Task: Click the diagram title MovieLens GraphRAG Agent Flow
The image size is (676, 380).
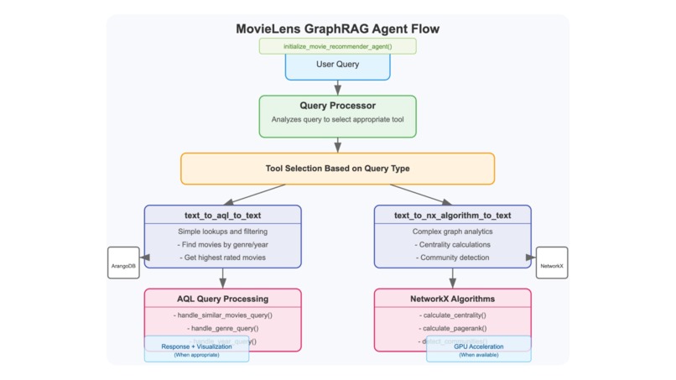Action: [x=337, y=29]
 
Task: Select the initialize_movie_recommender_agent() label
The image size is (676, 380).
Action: [x=337, y=46]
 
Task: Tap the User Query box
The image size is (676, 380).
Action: [x=337, y=64]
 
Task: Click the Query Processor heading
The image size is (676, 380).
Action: [x=337, y=106]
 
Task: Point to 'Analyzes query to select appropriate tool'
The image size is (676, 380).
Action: [x=337, y=120]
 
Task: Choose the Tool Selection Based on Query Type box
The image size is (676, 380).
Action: [x=337, y=168]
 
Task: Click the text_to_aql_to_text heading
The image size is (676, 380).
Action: [x=222, y=216]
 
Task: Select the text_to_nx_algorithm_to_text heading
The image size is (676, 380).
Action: [x=452, y=216]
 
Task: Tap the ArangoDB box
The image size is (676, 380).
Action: [x=124, y=263]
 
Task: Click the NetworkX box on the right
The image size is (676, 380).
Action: [x=551, y=263]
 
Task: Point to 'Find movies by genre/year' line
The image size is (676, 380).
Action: [x=222, y=244]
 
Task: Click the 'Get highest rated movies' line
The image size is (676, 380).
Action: [x=222, y=258]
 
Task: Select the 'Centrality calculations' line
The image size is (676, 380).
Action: [x=452, y=244]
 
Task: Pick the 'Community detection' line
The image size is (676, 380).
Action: [x=452, y=258]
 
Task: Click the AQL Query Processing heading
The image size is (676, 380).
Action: [x=222, y=299]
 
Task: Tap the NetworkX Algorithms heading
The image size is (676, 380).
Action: [x=452, y=299]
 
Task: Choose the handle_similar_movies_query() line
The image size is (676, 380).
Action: [x=222, y=315]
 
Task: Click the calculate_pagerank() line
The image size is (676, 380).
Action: [x=452, y=328]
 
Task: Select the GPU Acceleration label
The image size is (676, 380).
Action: [x=479, y=346]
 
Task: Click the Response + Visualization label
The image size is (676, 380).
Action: [x=196, y=346]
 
